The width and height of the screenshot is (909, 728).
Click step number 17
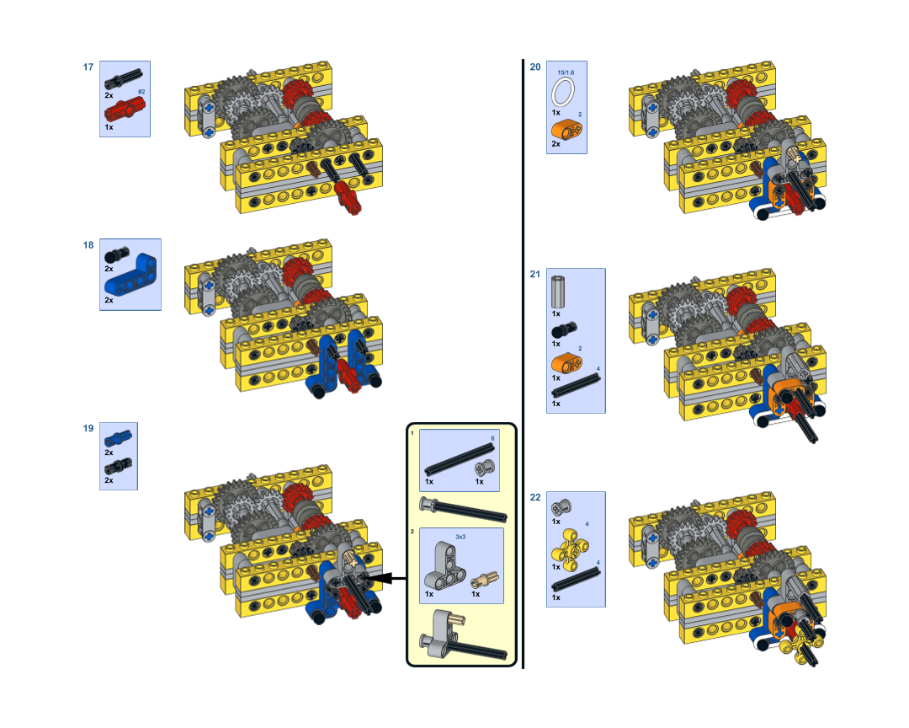click(x=88, y=67)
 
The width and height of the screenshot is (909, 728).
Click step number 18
click(x=88, y=245)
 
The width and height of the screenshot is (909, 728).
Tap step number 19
click(x=88, y=428)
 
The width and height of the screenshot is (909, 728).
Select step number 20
click(x=535, y=67)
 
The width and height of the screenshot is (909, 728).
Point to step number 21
click(x=535, y=274)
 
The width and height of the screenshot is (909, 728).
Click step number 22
click(x=535, y=497)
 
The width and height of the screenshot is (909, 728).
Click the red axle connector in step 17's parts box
click(x=125, y=110)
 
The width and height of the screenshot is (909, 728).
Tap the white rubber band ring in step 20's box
click(x=563, y=93)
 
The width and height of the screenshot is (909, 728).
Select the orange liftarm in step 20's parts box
click(x=566, y=130)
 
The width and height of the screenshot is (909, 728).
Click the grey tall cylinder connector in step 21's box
click(x=558, y=292)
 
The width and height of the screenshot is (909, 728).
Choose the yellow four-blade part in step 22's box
click(x=570, y=547)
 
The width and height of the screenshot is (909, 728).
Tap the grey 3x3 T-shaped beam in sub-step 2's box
click(x=444, y=566)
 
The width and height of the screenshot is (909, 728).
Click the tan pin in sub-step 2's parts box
click(x=485, y=580)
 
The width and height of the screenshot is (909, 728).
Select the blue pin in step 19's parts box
click(x=118, y=439)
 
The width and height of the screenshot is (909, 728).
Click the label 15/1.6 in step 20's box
click(x=566, y=72)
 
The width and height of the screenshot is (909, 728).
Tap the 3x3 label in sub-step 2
click(x=460, y=537)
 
